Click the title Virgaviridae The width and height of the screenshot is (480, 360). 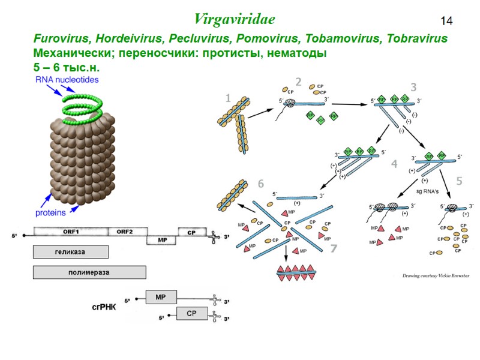(x=235, y=19)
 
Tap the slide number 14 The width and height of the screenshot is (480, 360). (x=447, y=21)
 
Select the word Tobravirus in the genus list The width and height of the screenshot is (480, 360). (x=418, y=39)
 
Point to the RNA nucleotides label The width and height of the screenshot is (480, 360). (x=67, y=79)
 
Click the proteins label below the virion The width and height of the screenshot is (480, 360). (x=50, y=212)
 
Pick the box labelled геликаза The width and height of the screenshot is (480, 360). (x=71, y=251)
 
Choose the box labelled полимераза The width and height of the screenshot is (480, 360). (x=89, y=272)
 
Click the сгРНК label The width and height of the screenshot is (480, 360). (x=104, y=306)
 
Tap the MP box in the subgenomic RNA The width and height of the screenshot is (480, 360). (x=160, y=297)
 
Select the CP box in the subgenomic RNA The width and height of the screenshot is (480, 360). (x=191, y=313)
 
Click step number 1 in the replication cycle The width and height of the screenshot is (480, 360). (x=227, y=98)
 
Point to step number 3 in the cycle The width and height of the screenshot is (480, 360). (x=413, y=87)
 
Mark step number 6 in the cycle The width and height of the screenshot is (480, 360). (x=261, y=184)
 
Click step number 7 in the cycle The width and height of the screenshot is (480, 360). (x=334, y=248)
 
